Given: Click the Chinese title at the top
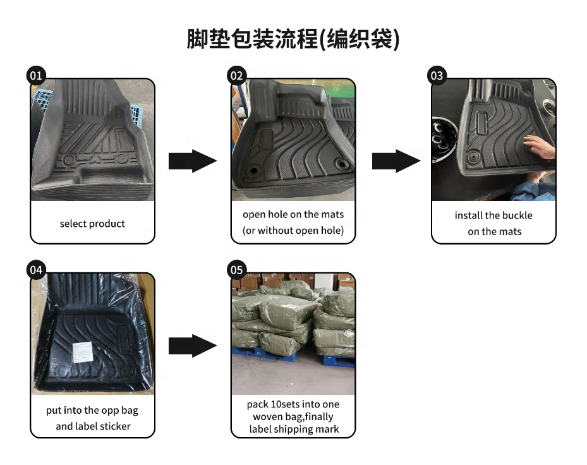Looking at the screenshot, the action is click(293, 39).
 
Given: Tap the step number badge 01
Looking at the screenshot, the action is click(36, 76).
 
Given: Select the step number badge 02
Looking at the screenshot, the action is click(236, 76).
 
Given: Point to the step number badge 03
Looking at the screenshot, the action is click(437, 76).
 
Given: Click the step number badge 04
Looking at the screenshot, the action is click(36, 270).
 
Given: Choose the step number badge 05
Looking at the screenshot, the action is click(236, 270).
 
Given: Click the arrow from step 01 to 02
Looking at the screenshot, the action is click(193, 161).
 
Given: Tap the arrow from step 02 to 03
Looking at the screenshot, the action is click(396, 161).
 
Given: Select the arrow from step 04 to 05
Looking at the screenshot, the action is click(193, 346).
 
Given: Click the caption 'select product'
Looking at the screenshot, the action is click(92, 224).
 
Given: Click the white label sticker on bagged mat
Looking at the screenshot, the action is click(82, 352).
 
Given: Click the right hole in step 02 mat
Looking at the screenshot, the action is click(342, 164).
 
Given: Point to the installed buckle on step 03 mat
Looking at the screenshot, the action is click(473, 156).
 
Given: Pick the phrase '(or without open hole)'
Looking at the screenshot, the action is click(293, 230).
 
